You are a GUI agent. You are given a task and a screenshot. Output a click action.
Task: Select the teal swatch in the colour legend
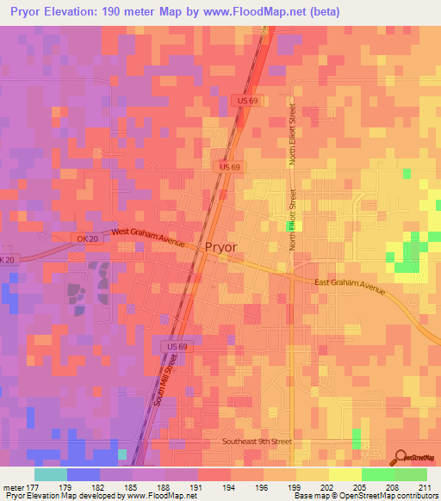pyautogui.click(x=51, y=474)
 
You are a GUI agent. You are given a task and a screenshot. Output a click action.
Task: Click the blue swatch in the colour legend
pyautogui.click(x=84, y=474)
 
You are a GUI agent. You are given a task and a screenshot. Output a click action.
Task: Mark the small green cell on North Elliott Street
pyautogui.click(x=291, y=226)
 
